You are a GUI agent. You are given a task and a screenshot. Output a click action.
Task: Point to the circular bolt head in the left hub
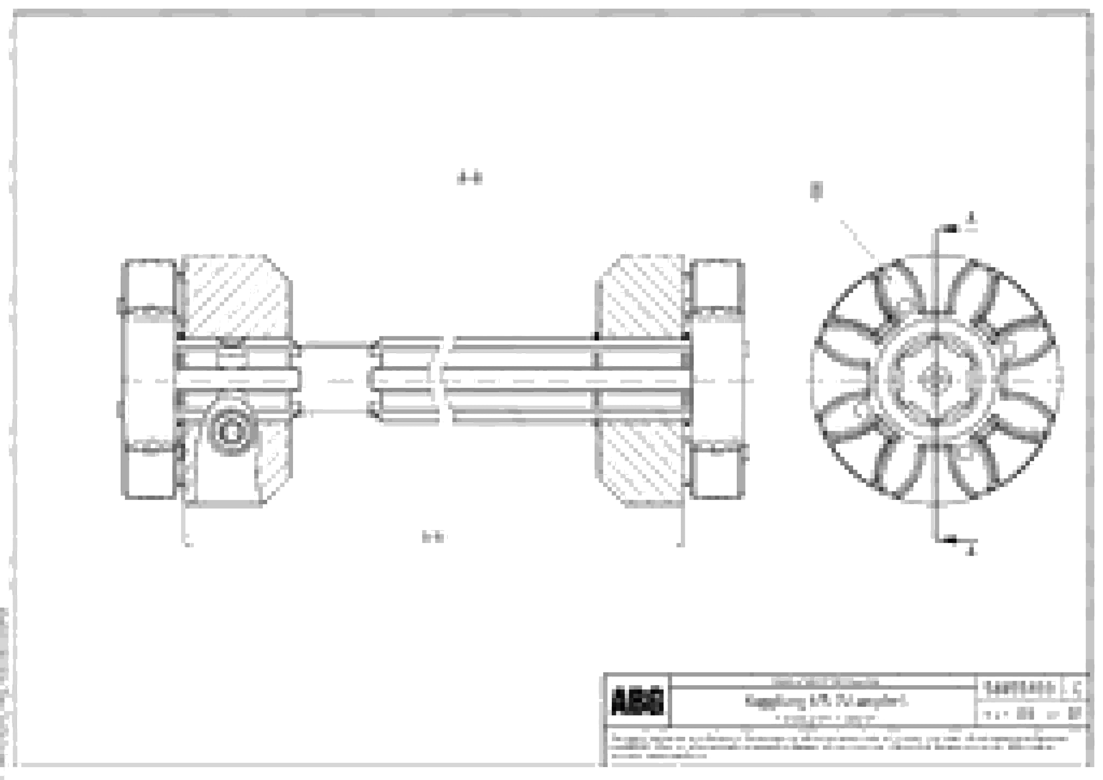click(231, 431)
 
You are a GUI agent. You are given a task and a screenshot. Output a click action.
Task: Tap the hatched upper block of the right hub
click(641, 295)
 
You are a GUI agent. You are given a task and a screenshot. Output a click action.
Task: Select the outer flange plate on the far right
click(717, 379)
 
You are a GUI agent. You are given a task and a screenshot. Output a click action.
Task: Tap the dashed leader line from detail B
click(860, 240)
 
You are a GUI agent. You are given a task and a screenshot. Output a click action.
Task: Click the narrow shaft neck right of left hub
click(336, 379)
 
